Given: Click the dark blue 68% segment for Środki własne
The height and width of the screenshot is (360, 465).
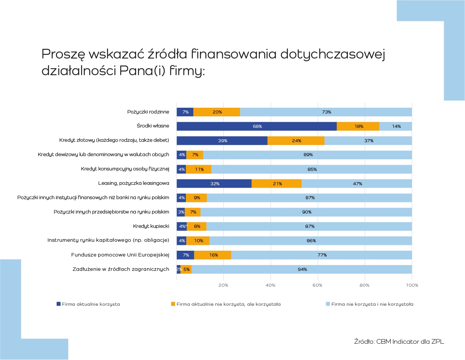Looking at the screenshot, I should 257,126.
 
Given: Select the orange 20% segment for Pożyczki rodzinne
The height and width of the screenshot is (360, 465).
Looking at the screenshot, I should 216,112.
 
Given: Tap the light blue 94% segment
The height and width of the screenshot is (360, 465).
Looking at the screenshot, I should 302,269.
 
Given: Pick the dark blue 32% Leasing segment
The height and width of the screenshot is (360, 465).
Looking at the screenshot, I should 214,184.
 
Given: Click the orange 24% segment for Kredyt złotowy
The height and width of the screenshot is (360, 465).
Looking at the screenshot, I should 296,141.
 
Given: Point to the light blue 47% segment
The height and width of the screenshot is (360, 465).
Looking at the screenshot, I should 357,184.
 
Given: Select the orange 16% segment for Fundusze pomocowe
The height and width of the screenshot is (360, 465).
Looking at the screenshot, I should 213,255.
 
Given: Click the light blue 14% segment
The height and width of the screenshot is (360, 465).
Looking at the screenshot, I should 396,126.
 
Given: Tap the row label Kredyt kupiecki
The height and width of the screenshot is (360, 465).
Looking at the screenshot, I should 151,226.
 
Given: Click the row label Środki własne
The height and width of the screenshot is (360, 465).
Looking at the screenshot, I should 153,126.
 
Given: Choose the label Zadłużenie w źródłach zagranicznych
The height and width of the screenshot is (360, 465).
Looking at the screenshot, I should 121,269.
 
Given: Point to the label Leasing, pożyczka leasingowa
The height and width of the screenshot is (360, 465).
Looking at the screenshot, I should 134,184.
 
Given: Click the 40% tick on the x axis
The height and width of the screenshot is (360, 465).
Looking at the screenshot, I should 271,286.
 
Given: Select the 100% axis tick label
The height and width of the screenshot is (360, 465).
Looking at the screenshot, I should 412,286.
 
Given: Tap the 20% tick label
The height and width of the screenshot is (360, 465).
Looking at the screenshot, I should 223,286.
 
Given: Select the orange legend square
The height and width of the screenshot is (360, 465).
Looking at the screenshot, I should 173,304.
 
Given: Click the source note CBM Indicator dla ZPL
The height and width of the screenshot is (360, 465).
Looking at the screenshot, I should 399,341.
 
